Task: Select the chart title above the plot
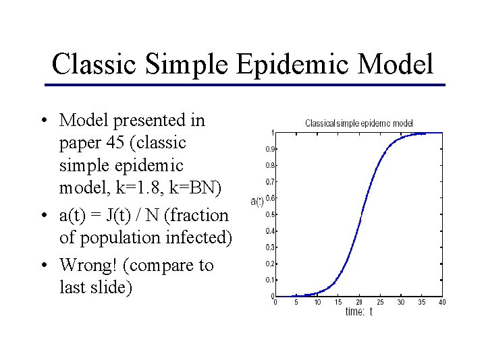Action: [x=358, y=123]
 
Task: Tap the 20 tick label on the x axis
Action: [x=359, y=303]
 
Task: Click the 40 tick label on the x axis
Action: [x=442, y=303]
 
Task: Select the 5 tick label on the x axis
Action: [x=296, y=303]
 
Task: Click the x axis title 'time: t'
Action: [x=358, y=311]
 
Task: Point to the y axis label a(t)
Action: [x=256, y=201]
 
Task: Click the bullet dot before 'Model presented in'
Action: [x=43, y=121]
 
